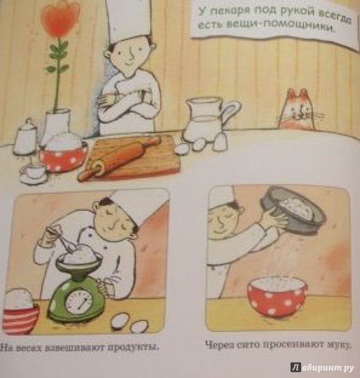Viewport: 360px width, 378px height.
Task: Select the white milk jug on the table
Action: point(209,120)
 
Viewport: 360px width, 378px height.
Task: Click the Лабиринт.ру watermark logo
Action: point(322,368)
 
